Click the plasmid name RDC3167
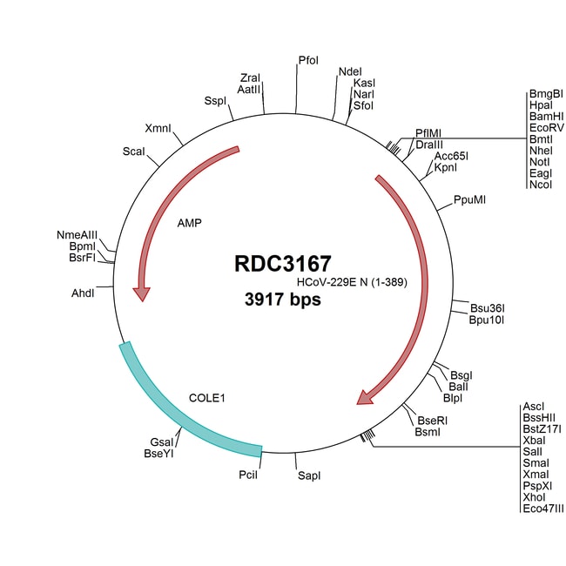pos(283,264)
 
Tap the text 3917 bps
pos(283,300)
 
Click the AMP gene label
pos(189,223)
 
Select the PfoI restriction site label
pos(308,60)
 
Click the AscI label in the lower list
pos(534,407)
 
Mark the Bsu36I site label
pos(488,307)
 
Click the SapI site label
pos(309,476)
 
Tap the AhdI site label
pos(84,292)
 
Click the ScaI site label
pos(134,152)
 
